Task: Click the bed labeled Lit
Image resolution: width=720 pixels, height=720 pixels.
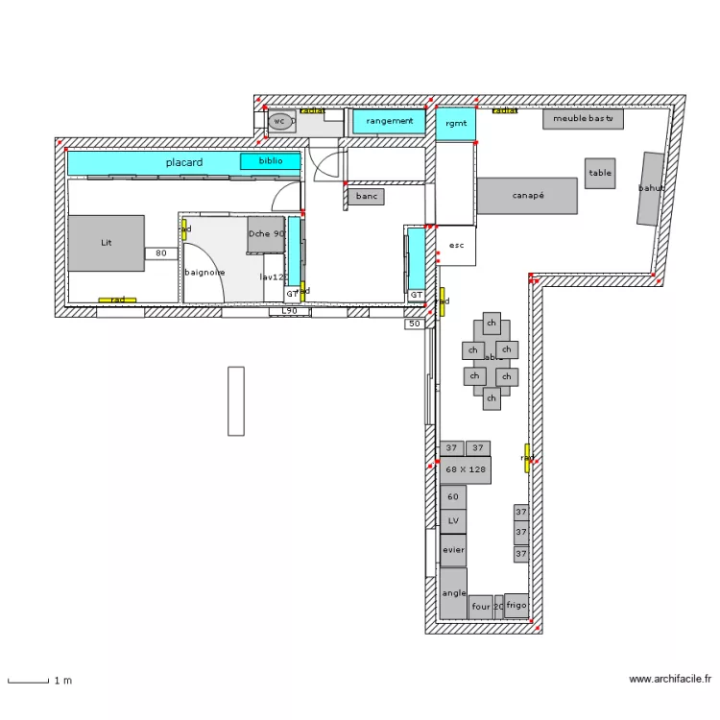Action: [106, 243]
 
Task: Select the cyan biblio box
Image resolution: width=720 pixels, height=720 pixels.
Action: [271, 161]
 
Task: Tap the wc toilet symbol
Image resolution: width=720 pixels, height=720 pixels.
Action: [279, 121]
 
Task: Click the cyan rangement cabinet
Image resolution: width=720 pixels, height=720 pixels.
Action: [389, 121]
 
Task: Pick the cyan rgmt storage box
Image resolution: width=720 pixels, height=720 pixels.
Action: [455, 124]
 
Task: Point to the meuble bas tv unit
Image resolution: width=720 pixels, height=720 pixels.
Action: [583, 119]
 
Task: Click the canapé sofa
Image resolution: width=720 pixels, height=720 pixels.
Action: [528, 196]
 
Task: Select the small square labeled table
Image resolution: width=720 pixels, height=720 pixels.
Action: [600, 174]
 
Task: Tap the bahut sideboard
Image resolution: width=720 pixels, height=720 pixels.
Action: [651, 189]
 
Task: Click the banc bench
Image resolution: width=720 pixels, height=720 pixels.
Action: [366, 196]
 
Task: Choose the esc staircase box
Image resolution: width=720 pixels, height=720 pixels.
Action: [456, 246]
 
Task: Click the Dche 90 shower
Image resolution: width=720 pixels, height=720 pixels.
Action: [266, 234]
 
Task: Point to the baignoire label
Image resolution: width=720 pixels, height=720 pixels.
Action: [204, 272]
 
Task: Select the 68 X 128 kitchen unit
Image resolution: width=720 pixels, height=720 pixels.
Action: [466, 469]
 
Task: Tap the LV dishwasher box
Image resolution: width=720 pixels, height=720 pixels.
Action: [453, 521]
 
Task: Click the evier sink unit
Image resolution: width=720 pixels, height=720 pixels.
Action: [453, 550]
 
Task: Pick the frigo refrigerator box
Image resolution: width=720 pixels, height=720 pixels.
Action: [516, 605]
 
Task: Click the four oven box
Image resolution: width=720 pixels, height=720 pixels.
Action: [480, 607]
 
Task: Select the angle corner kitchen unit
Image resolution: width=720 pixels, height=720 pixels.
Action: [453, 593]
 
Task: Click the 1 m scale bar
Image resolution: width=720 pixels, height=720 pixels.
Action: [29, 681]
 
